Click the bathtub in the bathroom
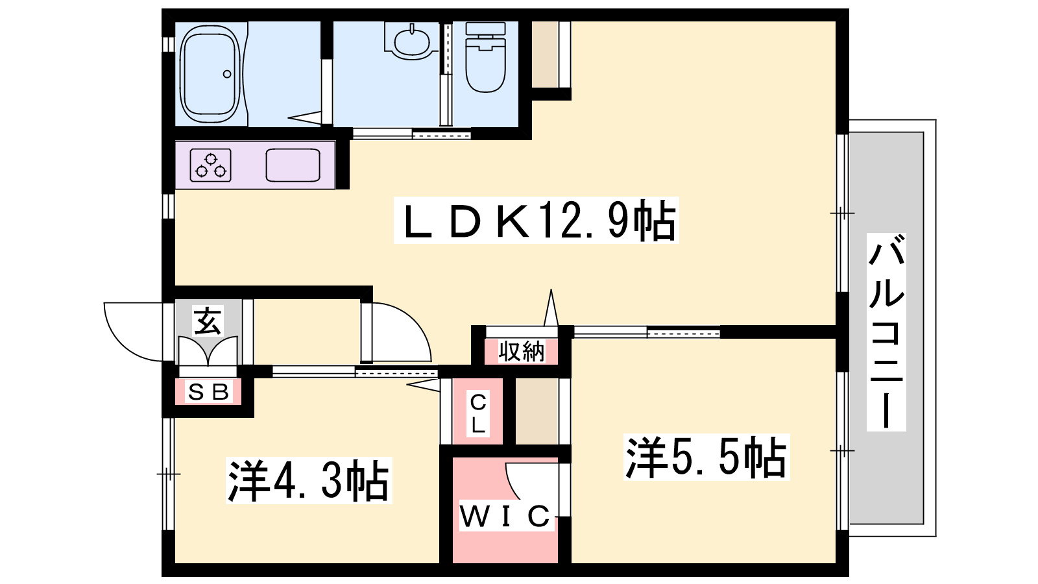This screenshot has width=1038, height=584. coord(210,74)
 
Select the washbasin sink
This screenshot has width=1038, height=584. coord(411,42)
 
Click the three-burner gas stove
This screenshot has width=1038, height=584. coord(210,165)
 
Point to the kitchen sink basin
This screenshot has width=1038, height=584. coord(293,165)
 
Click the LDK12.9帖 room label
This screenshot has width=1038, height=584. coord(536,221)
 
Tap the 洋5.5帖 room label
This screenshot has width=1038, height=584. coord(706,457)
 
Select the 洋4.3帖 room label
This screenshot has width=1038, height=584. coord(309,480)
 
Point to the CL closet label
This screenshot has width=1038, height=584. coord(477,413)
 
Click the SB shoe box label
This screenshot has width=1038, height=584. coord(208,392)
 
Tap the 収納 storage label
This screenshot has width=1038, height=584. coord(522,351)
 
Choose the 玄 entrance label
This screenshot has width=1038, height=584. coord(207,321)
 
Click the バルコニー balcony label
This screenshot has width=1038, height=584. coord(886,332)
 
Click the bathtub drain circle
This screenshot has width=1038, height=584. coord(227,74)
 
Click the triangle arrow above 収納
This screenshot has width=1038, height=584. coord(551,308)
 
